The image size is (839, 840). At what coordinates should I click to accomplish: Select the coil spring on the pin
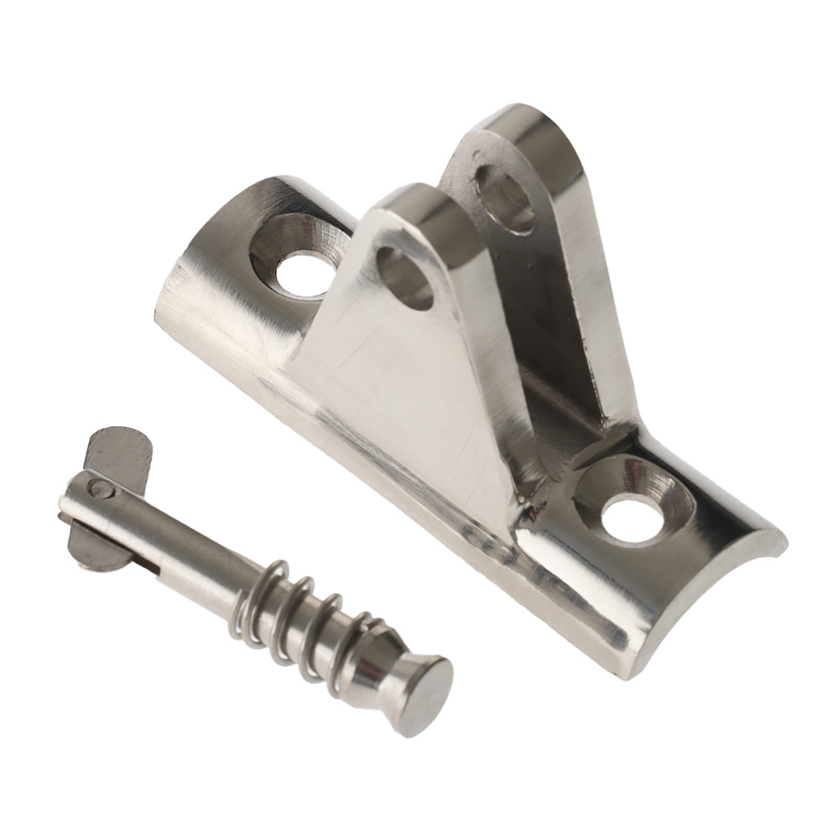pyautogui.click(x=302, y=617)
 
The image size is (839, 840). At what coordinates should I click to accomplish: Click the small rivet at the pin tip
pyautogui.click(x=100, y=488)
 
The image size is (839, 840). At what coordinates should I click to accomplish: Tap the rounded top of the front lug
pyautogui.click(x=419, y=201)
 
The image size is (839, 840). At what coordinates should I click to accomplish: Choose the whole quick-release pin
pyautogui.click(x=252, y=579)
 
